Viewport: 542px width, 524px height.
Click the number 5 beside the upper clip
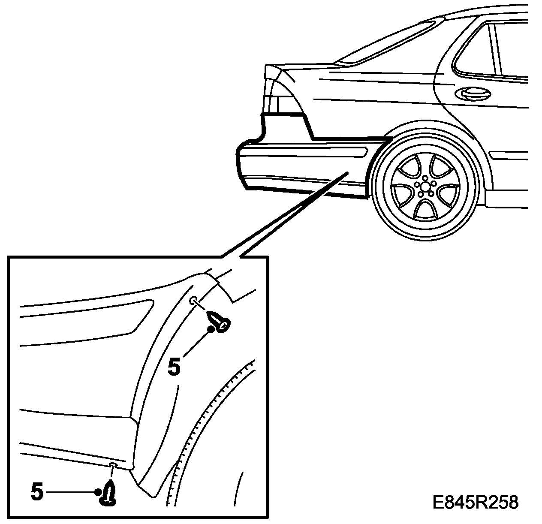[x=174, y=367]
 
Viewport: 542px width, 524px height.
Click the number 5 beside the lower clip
[x=37, y=492]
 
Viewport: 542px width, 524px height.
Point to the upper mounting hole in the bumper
[x=193, y=300]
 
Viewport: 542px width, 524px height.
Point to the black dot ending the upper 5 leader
[x=211, y=329]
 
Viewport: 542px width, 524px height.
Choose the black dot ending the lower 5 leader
[x=98, y=492]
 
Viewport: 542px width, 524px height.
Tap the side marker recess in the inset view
[x=86, y=316]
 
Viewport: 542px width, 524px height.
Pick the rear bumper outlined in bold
[x=300, y=169]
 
